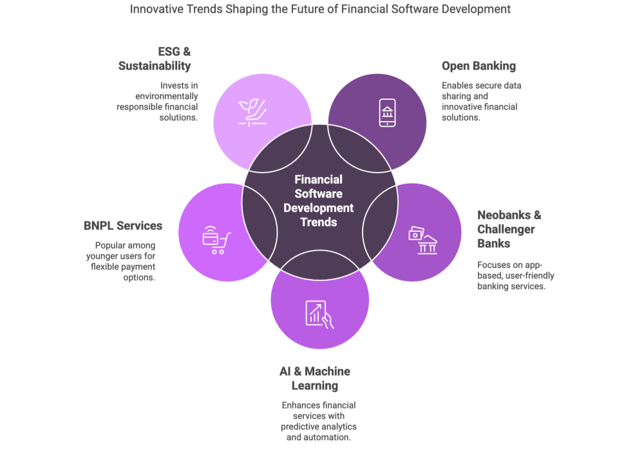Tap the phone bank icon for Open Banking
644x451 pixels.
tap(386, 113)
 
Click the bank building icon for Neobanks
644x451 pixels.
tap(422, 240)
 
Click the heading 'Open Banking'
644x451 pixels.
tap(478, 66)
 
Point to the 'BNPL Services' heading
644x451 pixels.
tap(122, 225)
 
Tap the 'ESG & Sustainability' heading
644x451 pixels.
tap(155, 58)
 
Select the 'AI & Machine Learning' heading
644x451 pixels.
tap(315, 378)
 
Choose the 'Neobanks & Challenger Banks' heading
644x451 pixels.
tap(509, 229)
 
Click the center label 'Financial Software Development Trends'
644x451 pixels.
tap(319, 200)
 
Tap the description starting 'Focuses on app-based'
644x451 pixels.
tap(516, 275)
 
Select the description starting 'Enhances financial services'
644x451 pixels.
tap(319, 421)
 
